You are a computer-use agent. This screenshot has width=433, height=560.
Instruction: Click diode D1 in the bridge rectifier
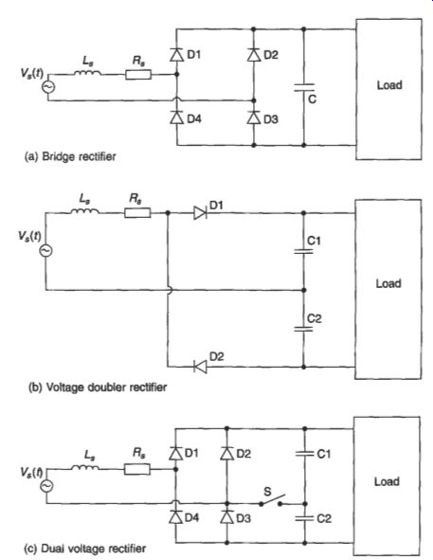click(176, 55)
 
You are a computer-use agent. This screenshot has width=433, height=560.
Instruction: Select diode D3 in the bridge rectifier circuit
click(254, 117)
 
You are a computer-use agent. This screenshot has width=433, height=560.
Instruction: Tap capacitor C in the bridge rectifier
click(304, 87)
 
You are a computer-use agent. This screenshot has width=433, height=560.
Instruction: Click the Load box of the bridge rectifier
click(388, 89)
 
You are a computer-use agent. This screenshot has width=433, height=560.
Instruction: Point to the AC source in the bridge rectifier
click(48, 87)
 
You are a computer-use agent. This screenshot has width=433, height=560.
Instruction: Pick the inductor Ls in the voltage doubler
click(85, 212)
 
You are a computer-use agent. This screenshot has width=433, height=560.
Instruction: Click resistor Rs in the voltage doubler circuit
click(137, 213)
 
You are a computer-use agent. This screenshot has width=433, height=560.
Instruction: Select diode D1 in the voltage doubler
click(200, 213)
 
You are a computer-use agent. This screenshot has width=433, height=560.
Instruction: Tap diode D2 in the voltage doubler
click(200, 367)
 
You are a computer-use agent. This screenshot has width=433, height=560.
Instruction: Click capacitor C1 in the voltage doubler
click(304, 251)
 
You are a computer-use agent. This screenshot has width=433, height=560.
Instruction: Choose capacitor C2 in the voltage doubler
click(304, 329)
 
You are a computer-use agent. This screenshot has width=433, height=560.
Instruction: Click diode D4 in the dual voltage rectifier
click(175, 516)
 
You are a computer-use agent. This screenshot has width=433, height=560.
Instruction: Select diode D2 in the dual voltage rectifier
click(226, 454)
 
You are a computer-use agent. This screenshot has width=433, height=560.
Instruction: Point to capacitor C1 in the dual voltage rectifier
click(305, 454)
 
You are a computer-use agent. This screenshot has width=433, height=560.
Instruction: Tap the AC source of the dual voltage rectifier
click(46, 486)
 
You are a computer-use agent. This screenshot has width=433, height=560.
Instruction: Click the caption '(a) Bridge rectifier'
click(70, 156)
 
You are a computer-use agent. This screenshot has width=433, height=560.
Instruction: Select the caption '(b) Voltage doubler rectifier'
click(98, 388)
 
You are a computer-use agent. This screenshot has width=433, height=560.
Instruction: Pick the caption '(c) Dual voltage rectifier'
click(84, 549)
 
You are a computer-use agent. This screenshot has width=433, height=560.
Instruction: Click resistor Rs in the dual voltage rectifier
click(137, 469)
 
